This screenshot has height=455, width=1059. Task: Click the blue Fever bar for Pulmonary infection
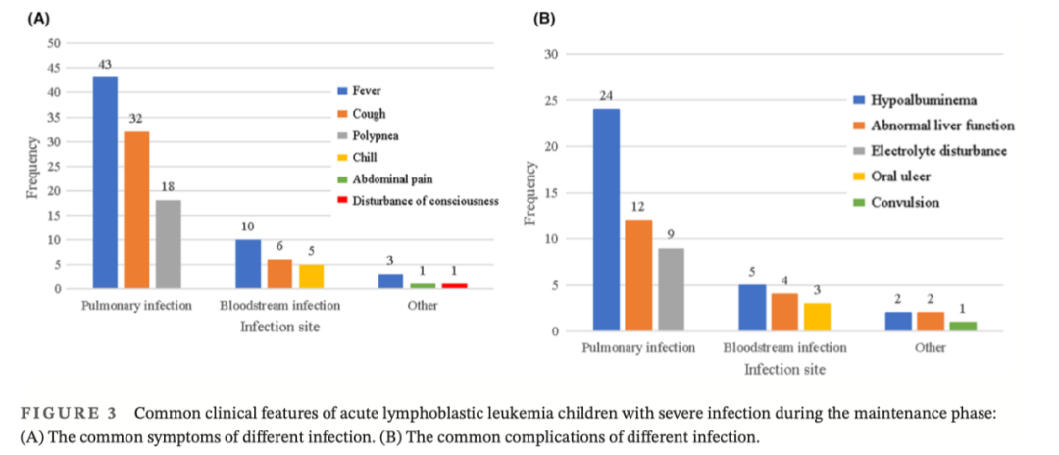[x=105, y=182]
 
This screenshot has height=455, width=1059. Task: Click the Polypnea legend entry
[x=377, y=135]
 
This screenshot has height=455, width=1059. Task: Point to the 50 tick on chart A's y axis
[x=54, y=43]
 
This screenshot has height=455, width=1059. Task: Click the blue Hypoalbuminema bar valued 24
[x=605, y=220]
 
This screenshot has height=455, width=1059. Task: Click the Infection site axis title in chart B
[x=784, y=370]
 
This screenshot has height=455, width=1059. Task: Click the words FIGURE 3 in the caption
[x=75, y=413]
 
